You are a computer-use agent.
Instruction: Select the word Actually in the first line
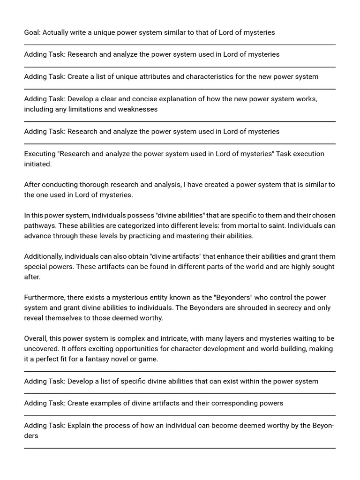(57, 32)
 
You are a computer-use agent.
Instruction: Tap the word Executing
(40, 154)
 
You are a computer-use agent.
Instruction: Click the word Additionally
(43, 256)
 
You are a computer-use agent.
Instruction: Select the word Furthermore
(43, 298)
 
